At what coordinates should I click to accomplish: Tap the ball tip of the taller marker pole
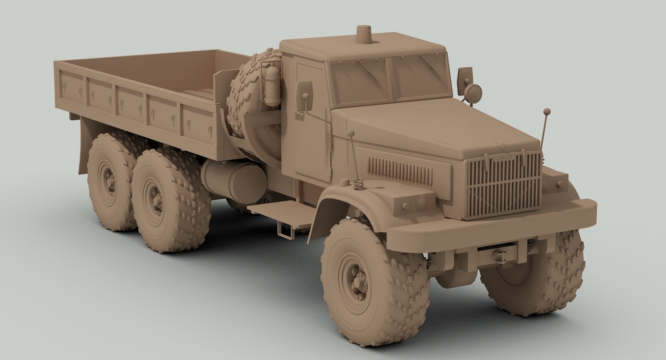point(547,112)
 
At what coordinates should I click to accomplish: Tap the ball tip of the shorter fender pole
point(351,133)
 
